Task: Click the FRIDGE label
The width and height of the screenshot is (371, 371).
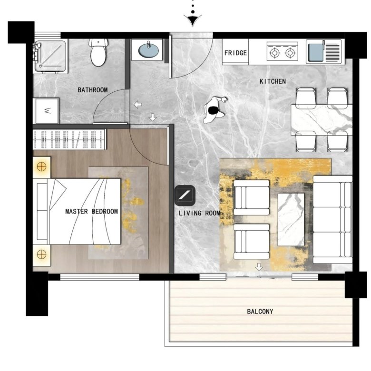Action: (x=235, y=53)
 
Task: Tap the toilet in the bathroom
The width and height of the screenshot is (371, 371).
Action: (x=98, y=52)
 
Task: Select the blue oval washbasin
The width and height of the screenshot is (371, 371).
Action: (x=148, y=51)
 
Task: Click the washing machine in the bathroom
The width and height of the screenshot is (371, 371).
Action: (x=47, y=111)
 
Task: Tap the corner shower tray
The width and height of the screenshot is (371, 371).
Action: (x=50, y=56)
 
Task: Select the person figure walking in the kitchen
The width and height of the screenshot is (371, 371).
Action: (x=215, y=110)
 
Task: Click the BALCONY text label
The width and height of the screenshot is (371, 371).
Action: (x=260, y=312)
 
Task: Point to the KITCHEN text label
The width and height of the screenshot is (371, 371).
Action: (x=273, y=81)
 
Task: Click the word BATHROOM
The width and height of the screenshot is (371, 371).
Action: (x=93, y=90)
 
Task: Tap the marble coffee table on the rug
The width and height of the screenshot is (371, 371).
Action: (x=291, y=220)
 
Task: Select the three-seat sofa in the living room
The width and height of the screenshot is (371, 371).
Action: (x=332, y=220)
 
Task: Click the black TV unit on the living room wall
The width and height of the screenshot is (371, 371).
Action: (x=185, y=195)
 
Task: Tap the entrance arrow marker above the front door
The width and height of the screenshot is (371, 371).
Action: (x=193, y=20)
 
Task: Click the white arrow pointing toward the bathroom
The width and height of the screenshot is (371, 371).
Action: (x=138, y=104)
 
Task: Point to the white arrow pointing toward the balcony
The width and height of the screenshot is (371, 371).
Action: (x=259, y=267)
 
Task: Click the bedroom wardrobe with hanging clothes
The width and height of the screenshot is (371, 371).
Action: (x=69, y=139)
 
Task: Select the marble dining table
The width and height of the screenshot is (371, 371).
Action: (x=322, y=120)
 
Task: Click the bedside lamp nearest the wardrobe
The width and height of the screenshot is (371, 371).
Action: (x=42, y=167)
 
